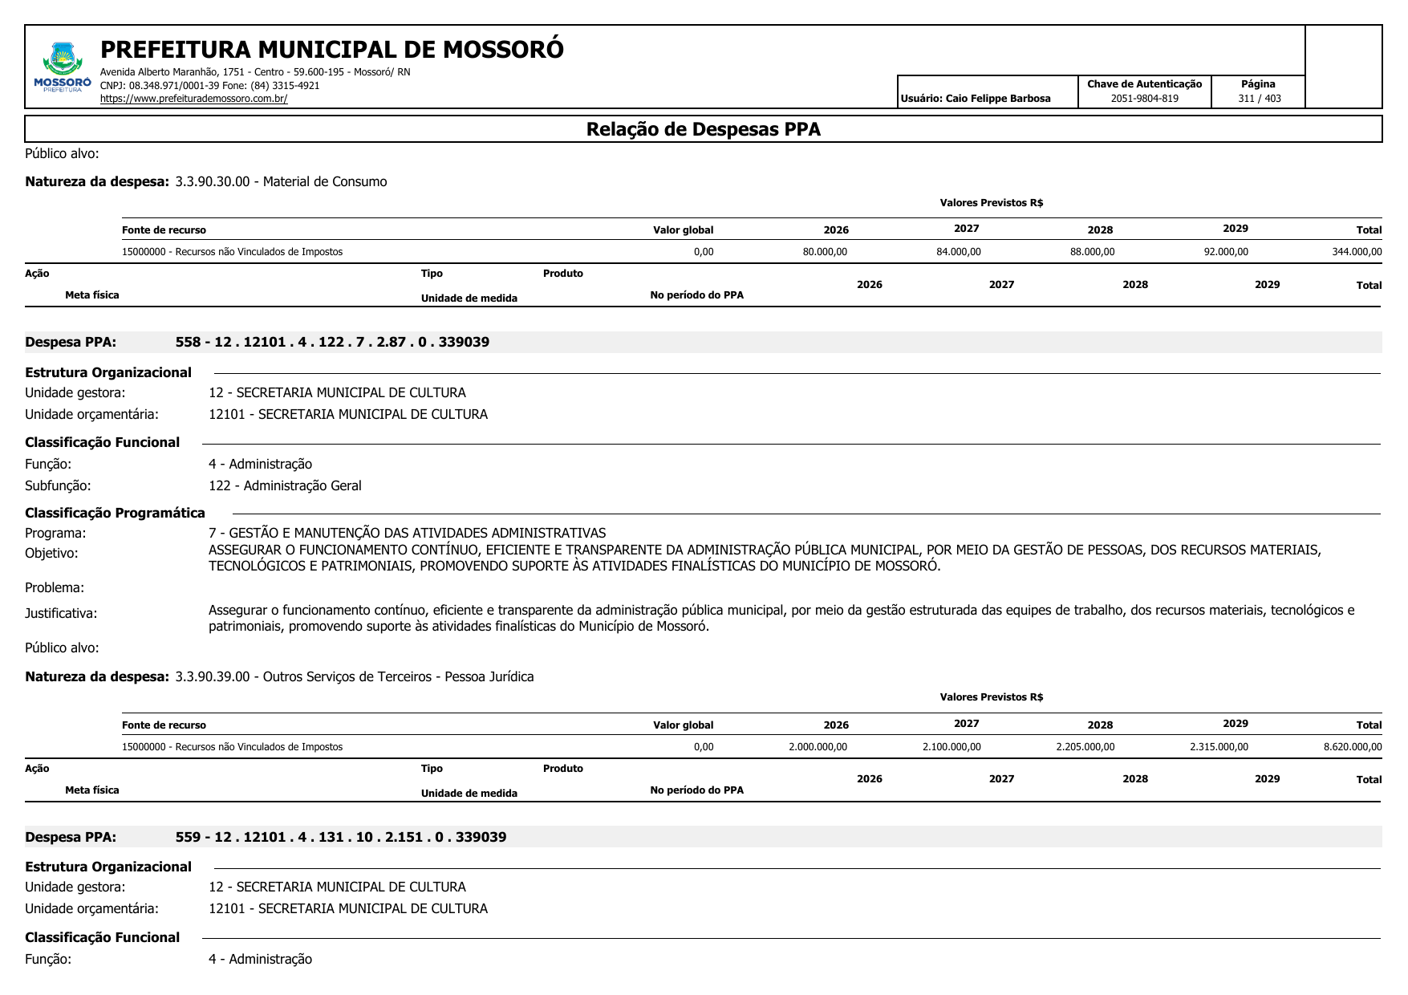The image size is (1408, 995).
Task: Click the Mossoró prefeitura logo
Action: pos(63,67)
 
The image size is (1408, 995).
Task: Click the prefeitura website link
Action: pos(193,99)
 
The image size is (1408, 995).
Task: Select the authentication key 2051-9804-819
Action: pos(1144,99)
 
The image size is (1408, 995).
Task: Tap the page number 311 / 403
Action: pos(1259,99)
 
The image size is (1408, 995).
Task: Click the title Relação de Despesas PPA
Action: pos(703,129)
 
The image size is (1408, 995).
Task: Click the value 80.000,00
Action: pos(825,252)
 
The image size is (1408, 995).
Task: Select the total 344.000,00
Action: pos(1357,252)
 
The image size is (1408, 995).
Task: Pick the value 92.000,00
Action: pos(1226,252)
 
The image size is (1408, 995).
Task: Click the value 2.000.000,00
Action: pos(818,747)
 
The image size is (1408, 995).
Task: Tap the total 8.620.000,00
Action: pos(1353,747)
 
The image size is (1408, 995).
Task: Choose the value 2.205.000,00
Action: pos(1085,747)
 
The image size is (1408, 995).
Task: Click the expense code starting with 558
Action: pos(332,342)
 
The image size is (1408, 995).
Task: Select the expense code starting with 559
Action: pos(341,837)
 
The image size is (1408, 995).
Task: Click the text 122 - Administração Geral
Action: pos(285,485)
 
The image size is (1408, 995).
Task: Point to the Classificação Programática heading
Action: pos(115,513)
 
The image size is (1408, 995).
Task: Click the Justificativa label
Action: pos(61,613)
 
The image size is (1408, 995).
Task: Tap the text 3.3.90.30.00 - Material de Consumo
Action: pos(281,181)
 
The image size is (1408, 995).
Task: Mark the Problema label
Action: pos(55,587)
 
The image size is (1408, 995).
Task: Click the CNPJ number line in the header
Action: pos(209,85)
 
